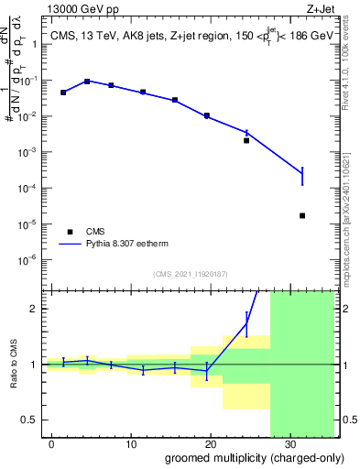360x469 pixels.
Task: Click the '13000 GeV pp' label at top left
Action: [77, 10]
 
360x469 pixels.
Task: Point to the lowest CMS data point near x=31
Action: [302, 216]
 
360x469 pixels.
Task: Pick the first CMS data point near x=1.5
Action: [63, 93]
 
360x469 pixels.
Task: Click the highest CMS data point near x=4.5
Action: [87, 82]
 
